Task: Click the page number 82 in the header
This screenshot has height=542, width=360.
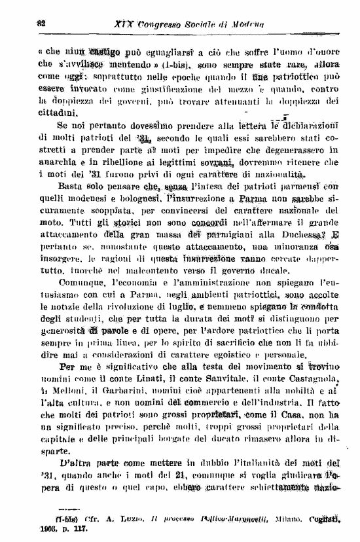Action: pyautogui.click(x=41, y=24)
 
